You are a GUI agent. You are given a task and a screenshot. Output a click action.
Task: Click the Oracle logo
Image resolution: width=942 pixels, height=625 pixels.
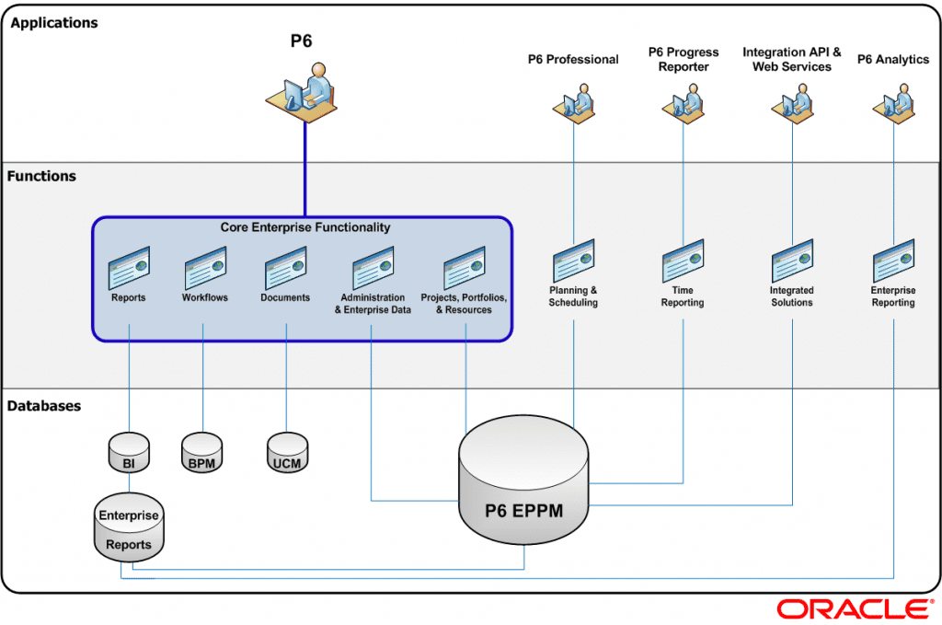tap(853, 608)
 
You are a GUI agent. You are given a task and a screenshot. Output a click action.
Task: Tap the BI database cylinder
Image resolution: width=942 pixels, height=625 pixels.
tap(129, 452)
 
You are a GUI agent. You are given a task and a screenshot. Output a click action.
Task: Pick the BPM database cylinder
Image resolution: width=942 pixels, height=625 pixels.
tap(201, 452)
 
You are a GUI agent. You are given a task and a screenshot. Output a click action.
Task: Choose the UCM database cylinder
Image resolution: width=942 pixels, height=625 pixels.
tap(287, 452)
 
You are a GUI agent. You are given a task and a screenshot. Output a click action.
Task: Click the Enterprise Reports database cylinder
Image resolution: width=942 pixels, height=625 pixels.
tap(129, 528)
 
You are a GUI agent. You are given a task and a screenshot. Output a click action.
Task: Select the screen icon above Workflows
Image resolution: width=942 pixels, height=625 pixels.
tap(205, 268)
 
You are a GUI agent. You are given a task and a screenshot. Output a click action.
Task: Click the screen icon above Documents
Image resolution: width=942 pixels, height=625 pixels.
tap(285, 268)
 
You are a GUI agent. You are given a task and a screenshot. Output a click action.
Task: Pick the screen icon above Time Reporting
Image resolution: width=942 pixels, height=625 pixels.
tap(683, 260)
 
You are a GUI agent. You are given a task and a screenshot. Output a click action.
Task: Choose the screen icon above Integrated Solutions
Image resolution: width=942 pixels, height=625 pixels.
tap(792, 260)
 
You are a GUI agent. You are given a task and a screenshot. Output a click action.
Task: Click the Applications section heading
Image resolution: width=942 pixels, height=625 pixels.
tap(54, 23)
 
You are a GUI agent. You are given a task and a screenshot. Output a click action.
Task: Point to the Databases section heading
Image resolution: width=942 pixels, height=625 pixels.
tap(44, 406)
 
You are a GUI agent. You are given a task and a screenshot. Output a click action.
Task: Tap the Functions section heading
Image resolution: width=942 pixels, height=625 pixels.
tap(42, 176)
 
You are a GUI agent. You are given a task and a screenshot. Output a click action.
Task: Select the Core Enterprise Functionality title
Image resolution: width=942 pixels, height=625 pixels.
tap(305, 227)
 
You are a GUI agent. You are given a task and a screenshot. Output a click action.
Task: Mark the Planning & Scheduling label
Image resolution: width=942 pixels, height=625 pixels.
tap(573, 296)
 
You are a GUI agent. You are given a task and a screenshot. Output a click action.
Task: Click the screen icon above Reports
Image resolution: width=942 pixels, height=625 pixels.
tap(129, 268)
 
